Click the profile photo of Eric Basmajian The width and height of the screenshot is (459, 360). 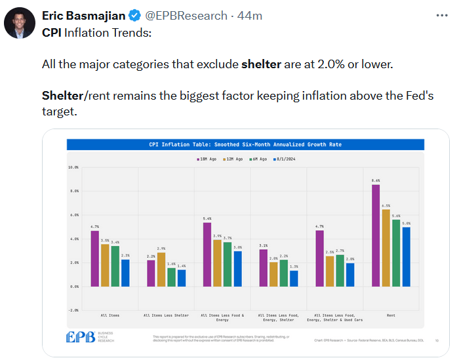20,24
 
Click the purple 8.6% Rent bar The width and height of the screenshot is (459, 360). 376,235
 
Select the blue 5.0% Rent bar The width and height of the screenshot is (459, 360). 406,256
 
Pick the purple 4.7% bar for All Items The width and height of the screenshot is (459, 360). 94,258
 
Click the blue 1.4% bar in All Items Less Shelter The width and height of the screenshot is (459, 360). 181,278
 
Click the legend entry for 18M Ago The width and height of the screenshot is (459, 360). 207,159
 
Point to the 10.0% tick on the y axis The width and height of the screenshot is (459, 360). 73,167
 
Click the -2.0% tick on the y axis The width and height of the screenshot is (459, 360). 73,310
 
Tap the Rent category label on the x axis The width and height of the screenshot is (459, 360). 391,297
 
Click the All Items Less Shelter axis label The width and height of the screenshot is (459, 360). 165,297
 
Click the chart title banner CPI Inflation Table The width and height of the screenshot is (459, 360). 245,144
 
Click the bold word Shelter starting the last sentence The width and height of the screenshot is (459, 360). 62,96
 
